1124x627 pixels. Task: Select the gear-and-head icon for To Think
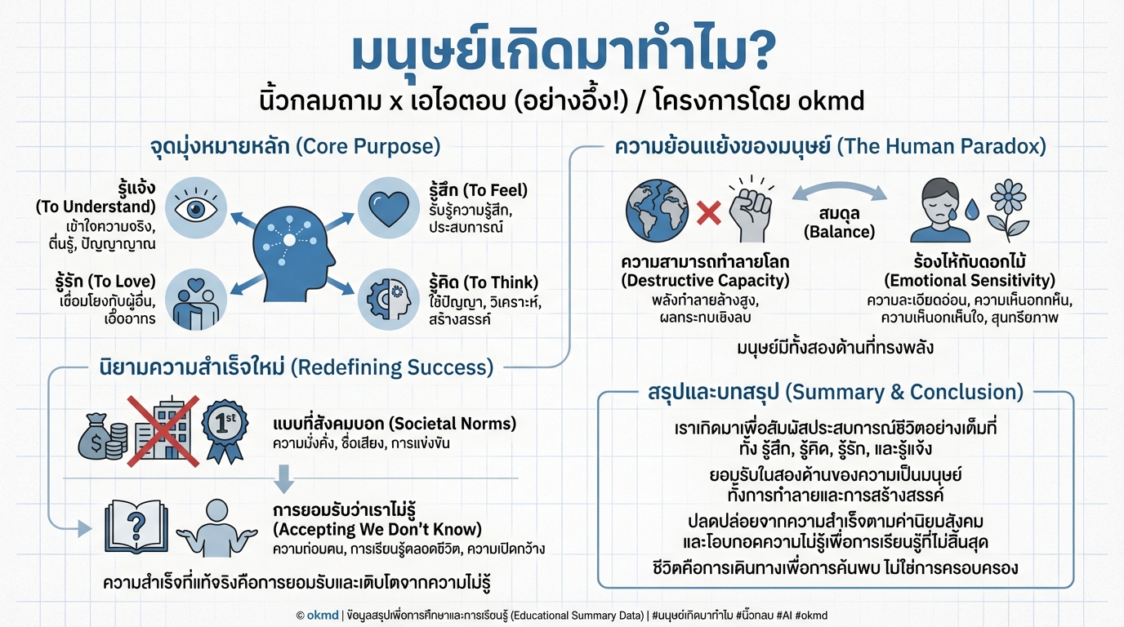pos(388,300)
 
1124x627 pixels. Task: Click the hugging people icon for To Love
pos(197,300)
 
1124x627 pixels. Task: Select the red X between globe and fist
pos(707,215)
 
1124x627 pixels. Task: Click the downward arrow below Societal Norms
pos(283,478)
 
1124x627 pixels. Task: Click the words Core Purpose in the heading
pos(368,147)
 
